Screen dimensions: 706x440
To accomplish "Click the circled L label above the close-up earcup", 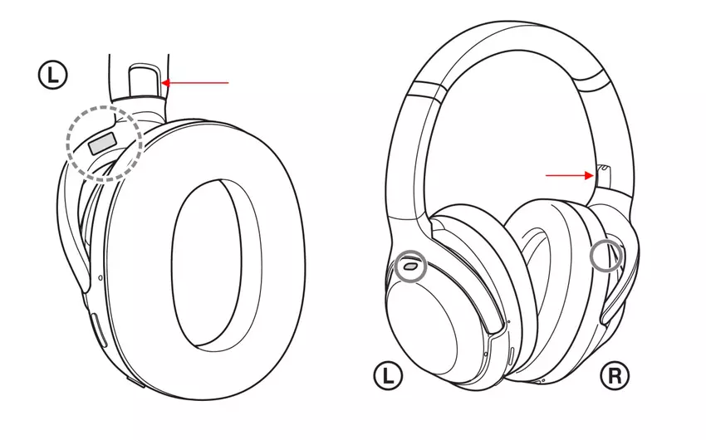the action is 52,76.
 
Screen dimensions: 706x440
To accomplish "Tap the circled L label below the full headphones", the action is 388,376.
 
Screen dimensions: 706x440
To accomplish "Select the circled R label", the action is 615,375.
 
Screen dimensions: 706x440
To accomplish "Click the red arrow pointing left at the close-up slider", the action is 195,83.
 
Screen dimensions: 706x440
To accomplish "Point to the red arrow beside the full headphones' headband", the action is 570,175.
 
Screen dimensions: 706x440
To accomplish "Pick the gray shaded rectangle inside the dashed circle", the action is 102,144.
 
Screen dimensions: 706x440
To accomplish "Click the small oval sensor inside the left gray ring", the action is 410,266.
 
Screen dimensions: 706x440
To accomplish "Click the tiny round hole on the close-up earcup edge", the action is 100,278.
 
